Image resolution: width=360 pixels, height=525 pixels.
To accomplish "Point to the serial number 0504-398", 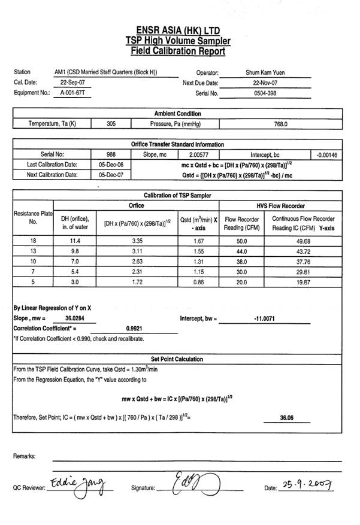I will [x=266, y=93].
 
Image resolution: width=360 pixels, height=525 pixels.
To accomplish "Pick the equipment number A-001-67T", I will [x=72, y=93].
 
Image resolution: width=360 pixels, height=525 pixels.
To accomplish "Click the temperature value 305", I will [x=111, y=124].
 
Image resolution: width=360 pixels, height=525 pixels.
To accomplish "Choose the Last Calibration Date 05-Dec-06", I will [x=110, y=165].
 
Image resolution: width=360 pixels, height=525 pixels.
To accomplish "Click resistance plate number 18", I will [x=33, y=240].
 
